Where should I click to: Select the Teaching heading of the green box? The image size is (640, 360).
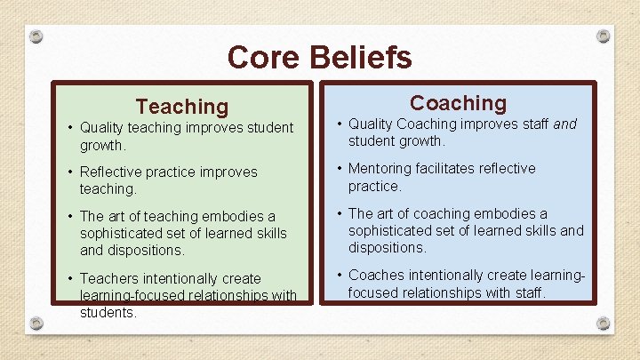pyautogui.click(x=181, y=107)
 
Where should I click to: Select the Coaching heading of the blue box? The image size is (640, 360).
pyautogui.click(x=458, y=103)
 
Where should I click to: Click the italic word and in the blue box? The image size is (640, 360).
pyautogui.click(x=565, y=124)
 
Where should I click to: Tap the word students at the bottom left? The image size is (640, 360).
pyautogui.click(x=108, y=313)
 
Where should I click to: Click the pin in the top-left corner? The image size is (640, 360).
pyautogui.click(x=36, y=36)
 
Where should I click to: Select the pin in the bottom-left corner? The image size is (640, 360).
pyautogui.click(x=36, y=322)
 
